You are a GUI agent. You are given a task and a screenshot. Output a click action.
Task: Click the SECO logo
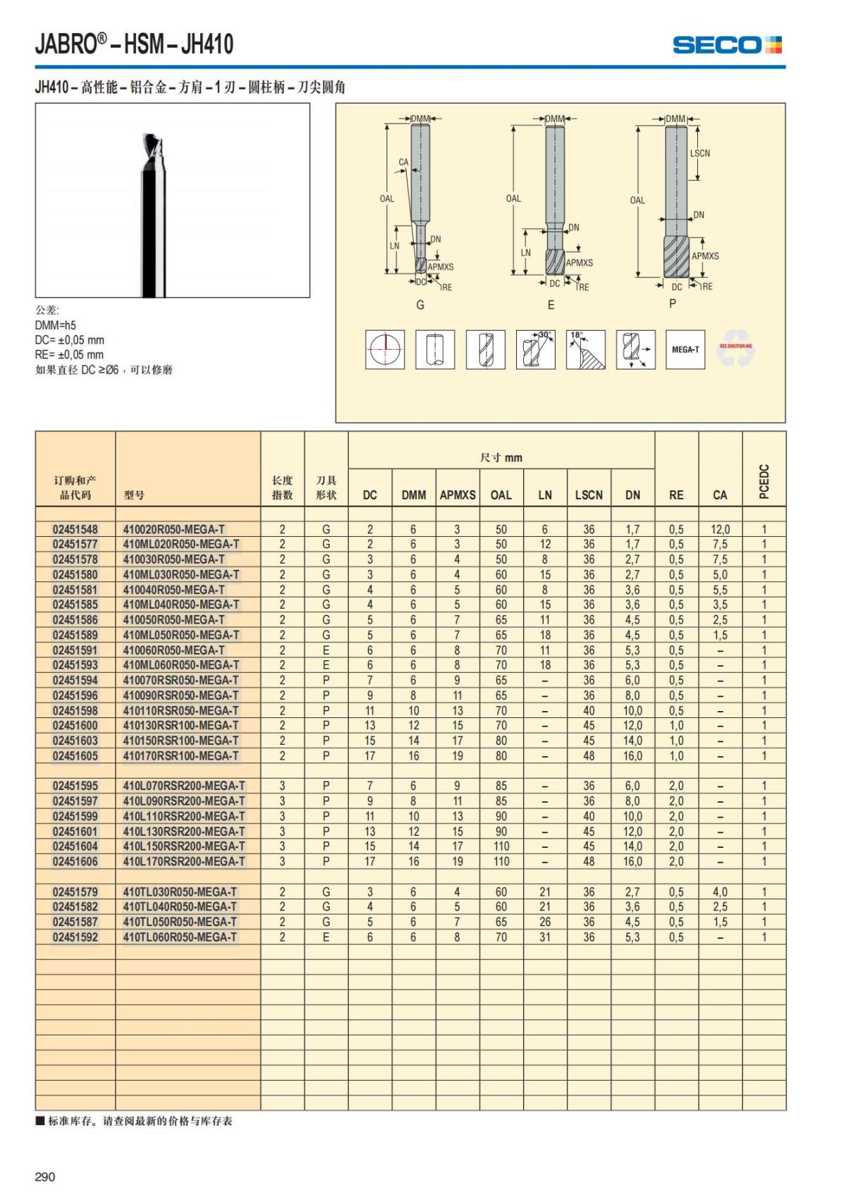727,45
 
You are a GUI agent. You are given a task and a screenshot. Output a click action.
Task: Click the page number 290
44,1176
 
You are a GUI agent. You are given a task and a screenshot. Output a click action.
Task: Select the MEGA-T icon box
685,349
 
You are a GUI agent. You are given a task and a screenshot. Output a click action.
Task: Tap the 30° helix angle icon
536,349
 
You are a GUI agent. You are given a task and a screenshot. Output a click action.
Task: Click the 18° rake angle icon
585,349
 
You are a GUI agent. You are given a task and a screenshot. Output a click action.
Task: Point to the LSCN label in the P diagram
700,153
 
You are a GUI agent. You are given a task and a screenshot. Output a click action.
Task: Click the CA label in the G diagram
403,162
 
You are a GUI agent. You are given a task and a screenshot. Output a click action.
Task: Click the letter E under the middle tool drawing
551,305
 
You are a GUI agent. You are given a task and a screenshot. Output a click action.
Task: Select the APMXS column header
458,495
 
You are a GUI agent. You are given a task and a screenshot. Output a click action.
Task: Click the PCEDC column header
764,481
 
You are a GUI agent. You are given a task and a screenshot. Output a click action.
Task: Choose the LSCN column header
589,495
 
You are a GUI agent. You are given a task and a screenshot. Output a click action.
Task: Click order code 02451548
75,529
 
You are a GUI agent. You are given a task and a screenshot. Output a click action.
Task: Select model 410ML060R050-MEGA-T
181,665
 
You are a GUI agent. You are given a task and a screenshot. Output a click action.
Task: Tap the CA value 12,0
720,529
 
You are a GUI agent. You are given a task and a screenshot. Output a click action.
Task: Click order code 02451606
75,861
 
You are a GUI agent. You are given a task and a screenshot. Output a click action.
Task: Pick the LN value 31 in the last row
545,937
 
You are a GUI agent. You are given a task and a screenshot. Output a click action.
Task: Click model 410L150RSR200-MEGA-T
184,846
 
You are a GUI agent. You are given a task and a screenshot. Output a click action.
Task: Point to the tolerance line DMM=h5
56,325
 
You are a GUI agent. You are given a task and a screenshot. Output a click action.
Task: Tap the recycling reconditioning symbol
735,349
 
